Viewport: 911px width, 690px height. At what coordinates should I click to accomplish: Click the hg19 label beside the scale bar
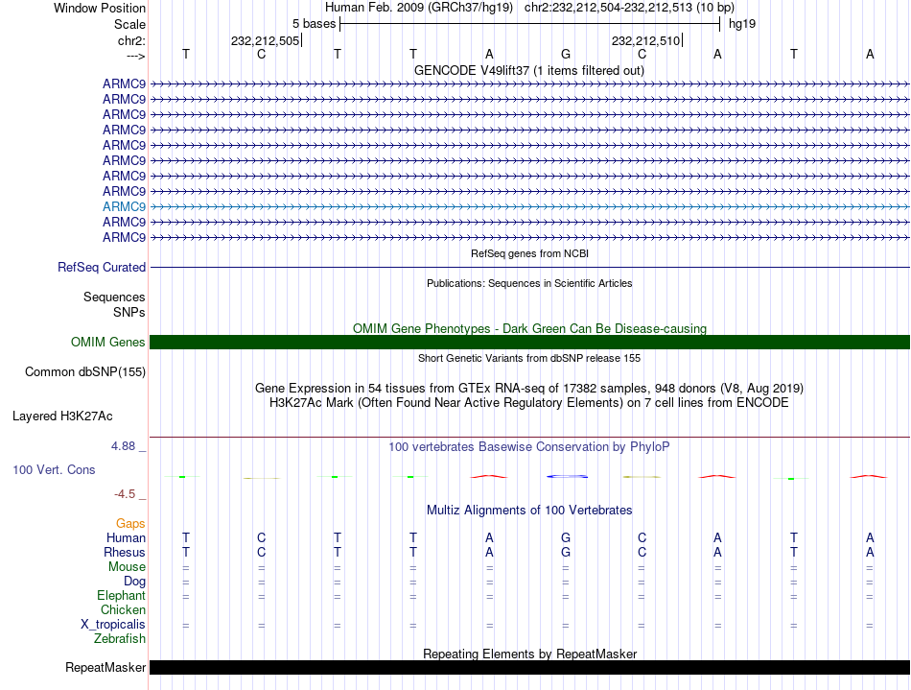coord(741,23)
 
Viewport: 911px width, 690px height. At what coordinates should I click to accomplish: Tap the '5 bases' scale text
coord(314,23)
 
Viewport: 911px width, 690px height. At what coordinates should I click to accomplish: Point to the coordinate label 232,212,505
coord(265,40)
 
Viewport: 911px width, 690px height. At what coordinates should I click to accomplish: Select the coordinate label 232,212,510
coord(645,40)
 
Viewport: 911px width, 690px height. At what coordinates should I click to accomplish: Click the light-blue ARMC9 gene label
coord(124,206)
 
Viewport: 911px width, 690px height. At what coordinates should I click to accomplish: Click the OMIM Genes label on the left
coord(107,343)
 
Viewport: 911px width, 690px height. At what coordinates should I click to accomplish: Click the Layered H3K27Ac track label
coord(62,416)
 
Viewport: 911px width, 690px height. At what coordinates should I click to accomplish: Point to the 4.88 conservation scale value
coord(126,446)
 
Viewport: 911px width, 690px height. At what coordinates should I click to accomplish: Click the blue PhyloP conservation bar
coord(566,476)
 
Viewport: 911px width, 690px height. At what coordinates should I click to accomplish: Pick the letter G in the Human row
coord(566,538)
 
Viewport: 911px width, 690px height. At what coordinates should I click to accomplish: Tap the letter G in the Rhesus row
coord(566,553)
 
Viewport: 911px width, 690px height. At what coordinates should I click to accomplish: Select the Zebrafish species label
coord(120,639)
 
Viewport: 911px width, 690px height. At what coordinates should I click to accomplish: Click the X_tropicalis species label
coord(113,625)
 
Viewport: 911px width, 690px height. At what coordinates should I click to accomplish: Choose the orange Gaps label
coord(130,524)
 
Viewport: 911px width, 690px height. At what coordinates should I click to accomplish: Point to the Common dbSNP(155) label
coord(85,371)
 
